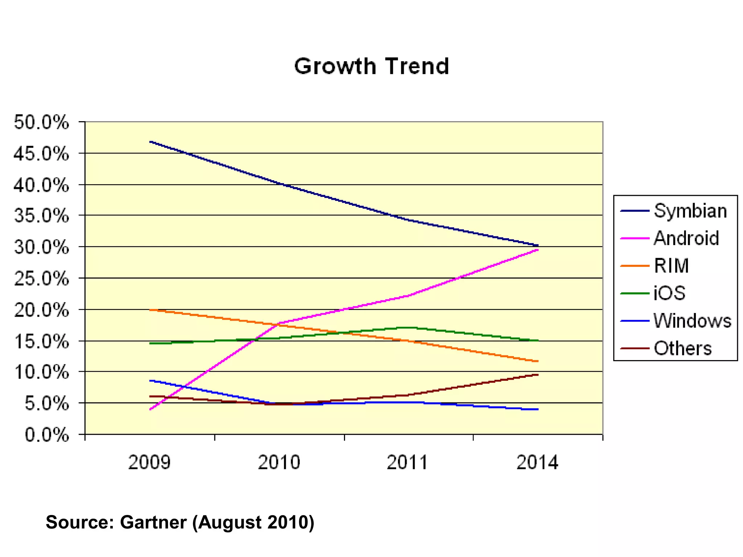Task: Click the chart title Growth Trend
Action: click(371, 66)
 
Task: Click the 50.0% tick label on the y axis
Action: click(41, 122)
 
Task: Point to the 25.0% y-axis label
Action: click(41, 279)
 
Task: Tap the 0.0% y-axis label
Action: click(46, 434)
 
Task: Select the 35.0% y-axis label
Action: click(41, 216)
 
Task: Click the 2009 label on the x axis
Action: click(149, 463)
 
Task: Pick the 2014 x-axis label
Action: click(537, 463)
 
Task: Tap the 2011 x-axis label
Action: click(408, 463)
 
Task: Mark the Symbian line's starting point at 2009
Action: click(150, 141)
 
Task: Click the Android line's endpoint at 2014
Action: click(538, 250)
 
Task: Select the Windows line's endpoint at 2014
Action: click(538, 409)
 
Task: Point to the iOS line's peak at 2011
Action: click(409, 327)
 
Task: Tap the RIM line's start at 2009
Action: click(150, 310)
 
